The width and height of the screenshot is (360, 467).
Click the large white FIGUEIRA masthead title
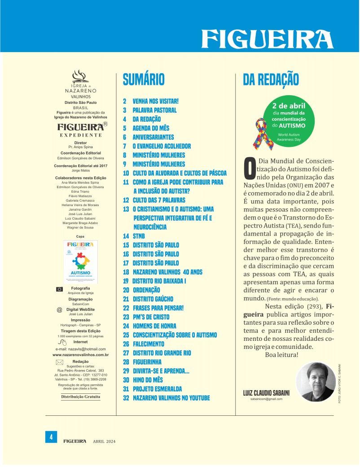pyautogui.click(x=267, y=39)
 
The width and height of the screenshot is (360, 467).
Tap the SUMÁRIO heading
pyautogui.click(x=144, y=79)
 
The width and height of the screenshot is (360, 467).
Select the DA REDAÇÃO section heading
pyautogui.click(x=271, y=79)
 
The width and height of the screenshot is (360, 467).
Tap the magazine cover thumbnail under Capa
pyautogui.click(x=81, y=262)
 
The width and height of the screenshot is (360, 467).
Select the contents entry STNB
pyautogui.click(x=139, y=236)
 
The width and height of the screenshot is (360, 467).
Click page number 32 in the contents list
pyautogui.click(x=126, y=397)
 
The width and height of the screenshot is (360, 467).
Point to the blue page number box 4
pyautogui.click(x=51, y=437)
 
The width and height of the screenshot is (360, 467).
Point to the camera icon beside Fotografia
pyautogui.click(x=59, y=289)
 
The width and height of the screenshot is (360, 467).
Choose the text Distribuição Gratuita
pyautogui.click(x=81, y=397)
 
